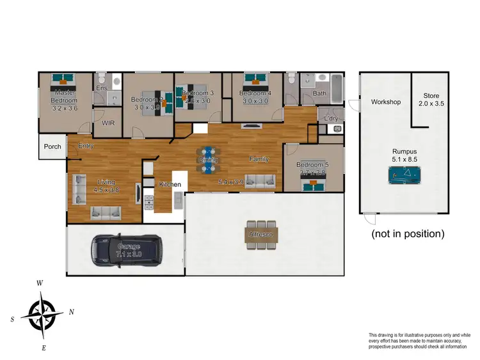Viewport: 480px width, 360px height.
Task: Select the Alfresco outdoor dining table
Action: coord(260,234)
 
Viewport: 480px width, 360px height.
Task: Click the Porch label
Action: coord(52,147)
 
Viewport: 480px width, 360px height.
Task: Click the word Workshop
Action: coord(386,102)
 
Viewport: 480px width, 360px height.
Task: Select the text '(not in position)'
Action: coord(408,234)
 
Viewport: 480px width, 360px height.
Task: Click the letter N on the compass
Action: coord(72,313)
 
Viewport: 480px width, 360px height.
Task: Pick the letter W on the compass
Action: coord(40,283)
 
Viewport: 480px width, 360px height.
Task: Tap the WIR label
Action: coord(107,123)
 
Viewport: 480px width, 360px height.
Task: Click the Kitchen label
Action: coord(170,185)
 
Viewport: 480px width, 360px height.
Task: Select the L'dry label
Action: coord(331,119)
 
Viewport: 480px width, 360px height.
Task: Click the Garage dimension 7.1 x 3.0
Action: coord(129,254)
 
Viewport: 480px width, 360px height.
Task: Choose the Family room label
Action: coord(259,159)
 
